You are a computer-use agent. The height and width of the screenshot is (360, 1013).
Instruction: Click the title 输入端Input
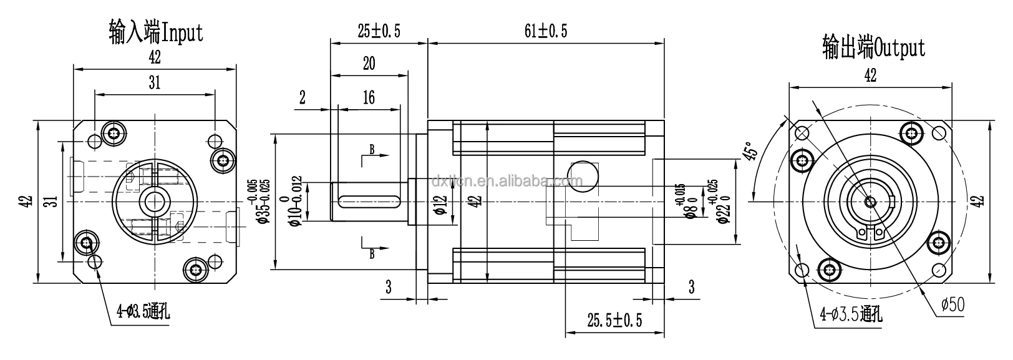[155, 32]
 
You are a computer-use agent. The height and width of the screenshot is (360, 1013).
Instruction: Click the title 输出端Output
[873, 47]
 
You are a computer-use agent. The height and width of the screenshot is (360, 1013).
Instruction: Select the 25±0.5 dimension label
[379, 32]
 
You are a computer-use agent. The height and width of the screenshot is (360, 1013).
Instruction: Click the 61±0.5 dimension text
[545, 32]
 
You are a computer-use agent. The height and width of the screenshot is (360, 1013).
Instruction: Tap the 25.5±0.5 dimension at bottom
[614, 320]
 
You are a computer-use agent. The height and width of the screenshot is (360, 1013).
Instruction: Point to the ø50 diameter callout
[952, 304]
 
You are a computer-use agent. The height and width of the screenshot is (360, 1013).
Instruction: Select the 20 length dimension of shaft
[369, 63]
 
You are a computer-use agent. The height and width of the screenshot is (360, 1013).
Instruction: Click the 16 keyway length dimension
[368, 98]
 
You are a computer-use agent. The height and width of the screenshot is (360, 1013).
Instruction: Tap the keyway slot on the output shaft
[369, 202]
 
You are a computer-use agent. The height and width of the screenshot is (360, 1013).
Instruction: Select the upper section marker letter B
[372, 149]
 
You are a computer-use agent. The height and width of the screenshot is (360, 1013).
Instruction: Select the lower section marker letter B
[372, 253]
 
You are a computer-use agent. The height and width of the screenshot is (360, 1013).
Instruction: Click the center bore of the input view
[153, 201]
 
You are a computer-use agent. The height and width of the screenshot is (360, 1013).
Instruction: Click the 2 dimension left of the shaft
[303, 98]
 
